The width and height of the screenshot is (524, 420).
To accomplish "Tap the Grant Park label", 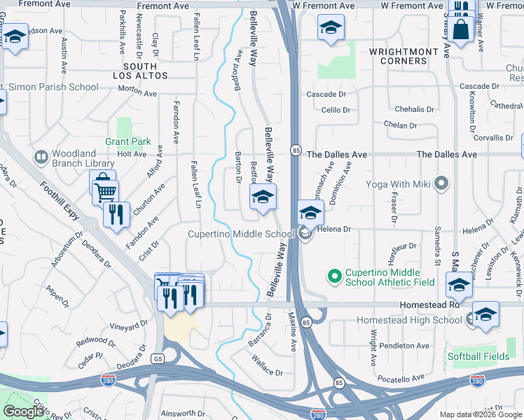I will pyautogui.click(x=128, y=141).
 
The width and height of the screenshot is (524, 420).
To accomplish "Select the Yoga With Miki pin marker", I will pyautogui.click(x=441, y=185).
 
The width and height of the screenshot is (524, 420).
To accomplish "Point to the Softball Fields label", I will pyautogui.click(x=481, y=356).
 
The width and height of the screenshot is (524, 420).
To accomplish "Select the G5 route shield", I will pyautogui.click(x=158, y=358).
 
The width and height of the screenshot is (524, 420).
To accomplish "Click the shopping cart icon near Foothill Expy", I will pyautogui.click(x=104, y=190).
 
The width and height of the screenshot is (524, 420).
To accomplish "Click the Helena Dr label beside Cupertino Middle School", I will pyautogui.click(x=333, y=229).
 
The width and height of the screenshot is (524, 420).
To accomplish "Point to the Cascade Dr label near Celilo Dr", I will pyautogui.click(x=326, y=94).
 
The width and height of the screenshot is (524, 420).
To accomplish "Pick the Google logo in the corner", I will pyautogui.click(x=23, y=412).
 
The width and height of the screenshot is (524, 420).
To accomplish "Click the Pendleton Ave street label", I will pyautogui.click(x=404, y=346).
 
